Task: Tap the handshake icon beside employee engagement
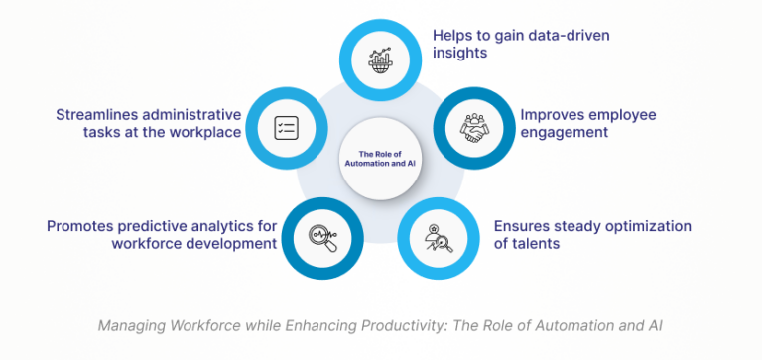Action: pyautogui.click(x=474, y=127)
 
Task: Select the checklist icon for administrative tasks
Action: pyautogui.click(x=286, y=128)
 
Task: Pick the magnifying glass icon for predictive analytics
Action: pyautogui.click(x=322, y=237)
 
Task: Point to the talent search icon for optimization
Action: pyautogui.click(x=438, y=237)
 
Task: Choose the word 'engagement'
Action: pyautogui.click(x=565, y=133)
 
